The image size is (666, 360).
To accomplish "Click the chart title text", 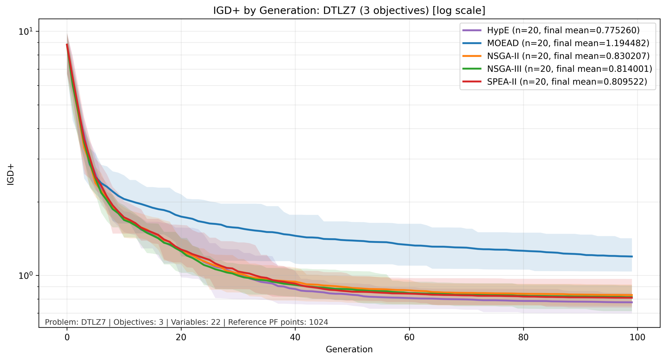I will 349,10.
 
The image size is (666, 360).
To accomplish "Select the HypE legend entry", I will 563,30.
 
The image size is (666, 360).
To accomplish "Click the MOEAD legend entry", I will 568,43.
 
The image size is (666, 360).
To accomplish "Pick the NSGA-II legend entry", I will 568,56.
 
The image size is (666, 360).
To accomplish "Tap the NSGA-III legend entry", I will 569,69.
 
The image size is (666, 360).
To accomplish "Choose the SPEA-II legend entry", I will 567,82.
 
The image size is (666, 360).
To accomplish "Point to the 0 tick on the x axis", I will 67,337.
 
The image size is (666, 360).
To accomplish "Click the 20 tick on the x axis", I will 181,337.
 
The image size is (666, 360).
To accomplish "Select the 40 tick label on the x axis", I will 295,337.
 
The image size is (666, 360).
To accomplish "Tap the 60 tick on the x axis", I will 409,337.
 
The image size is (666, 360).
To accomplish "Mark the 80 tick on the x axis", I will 523,337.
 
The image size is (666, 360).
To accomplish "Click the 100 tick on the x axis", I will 637,337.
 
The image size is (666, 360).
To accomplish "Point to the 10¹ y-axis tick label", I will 25,31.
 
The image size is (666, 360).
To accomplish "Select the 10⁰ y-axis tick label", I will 25,275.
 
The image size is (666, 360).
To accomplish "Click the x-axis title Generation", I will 349,349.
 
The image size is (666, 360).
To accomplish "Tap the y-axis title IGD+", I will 10,174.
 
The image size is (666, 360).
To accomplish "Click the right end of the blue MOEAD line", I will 632,256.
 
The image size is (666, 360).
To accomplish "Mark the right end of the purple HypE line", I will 632,302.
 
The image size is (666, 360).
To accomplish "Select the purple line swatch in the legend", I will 472,30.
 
